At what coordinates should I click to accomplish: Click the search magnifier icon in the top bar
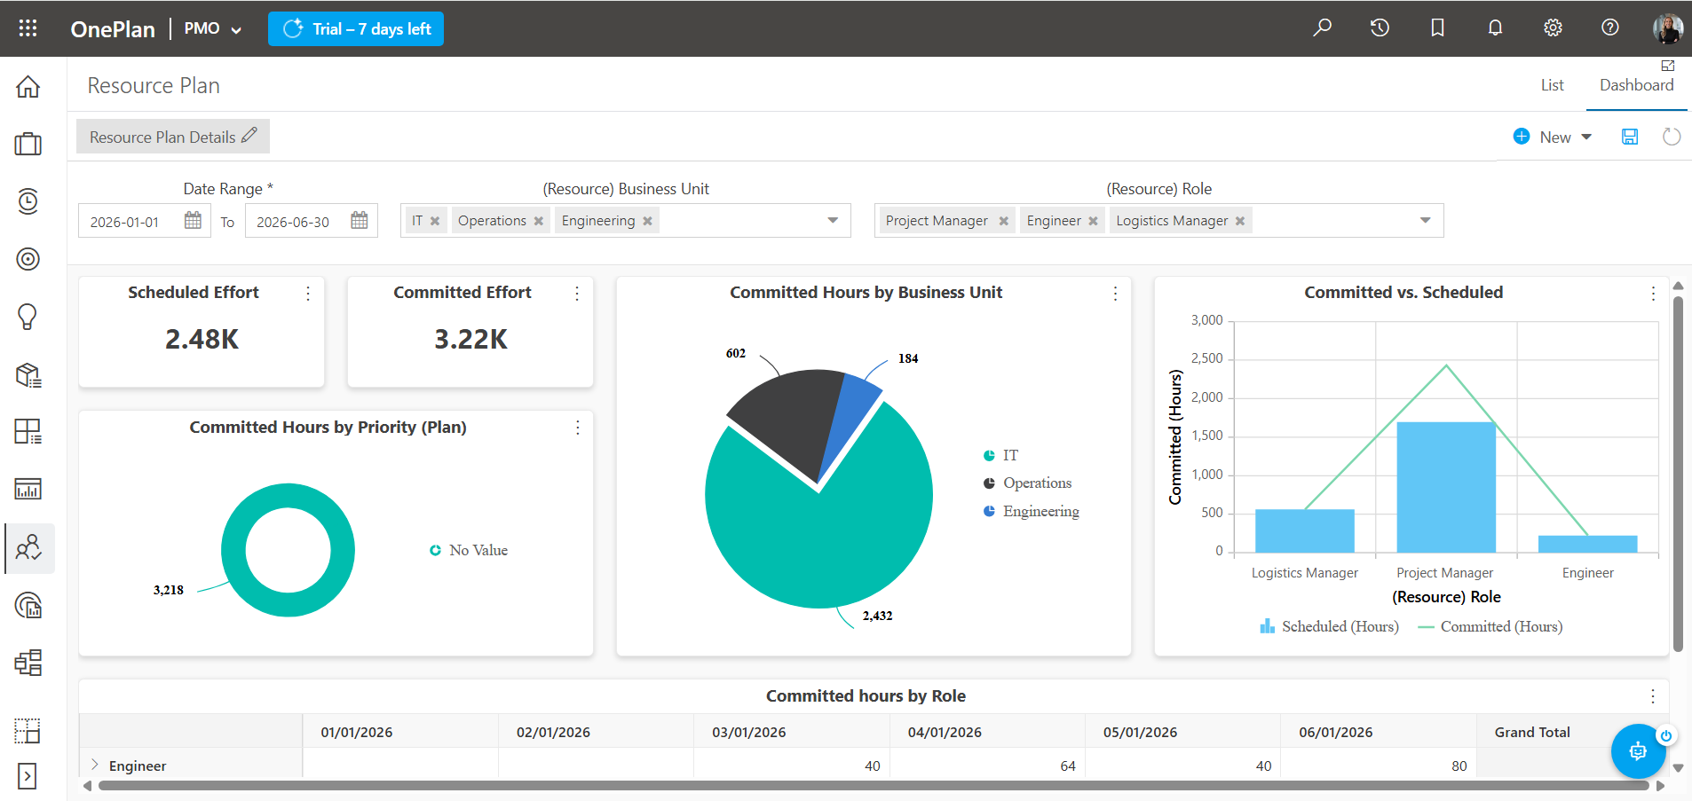point(1322,27)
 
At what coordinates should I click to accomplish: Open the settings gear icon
point(1553,27)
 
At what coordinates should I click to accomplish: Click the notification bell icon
point(1495,27)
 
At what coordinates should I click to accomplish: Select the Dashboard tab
point(1636,85)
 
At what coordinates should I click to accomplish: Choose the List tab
point(1552,85)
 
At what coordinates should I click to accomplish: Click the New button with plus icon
point(1553,137)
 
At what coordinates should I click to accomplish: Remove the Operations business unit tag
point(538,221)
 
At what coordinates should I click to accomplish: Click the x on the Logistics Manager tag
point(1240,221)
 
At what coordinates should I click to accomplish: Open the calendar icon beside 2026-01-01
point(193,220)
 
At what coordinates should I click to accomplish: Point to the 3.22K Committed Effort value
point(470,339)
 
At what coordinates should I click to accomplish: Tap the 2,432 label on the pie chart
point(877,616)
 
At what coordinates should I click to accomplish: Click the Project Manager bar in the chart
point(1446,487)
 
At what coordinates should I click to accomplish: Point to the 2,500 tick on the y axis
point(1206,358)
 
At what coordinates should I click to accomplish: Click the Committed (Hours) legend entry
point(1490,626)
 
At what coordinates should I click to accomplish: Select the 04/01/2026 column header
point(945,732)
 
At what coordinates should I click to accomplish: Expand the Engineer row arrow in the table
point(95,765)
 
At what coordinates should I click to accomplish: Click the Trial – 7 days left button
point(356,28)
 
